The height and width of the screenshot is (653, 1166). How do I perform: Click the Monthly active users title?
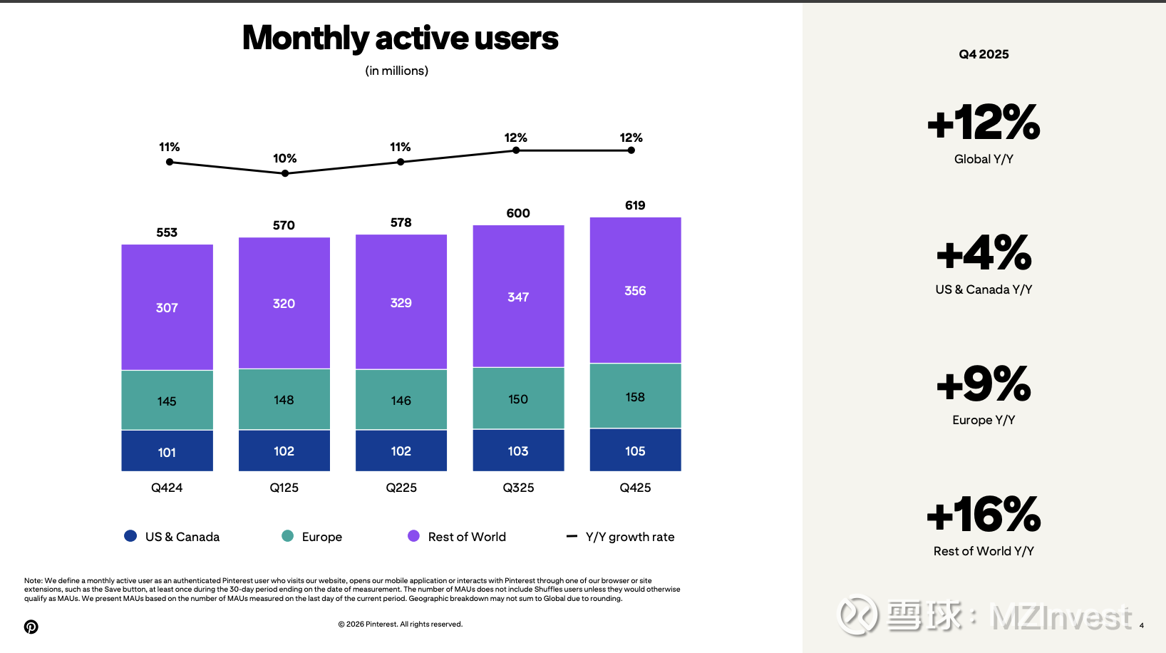click(400, 38)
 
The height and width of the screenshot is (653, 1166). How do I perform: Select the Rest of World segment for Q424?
click(167, 307)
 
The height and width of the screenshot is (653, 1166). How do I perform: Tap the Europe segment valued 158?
click(635, 396)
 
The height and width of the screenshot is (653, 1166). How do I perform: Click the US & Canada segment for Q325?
click(518, 451)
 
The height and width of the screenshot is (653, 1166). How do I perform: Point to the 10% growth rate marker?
click(285, 173)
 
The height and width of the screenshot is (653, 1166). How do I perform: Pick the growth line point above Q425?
click(631, 150)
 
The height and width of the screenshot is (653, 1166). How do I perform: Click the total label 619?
click(635, 205)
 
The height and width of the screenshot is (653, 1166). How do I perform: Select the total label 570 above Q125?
click(284, 225)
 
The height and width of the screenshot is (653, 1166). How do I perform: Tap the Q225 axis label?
click(401, 488)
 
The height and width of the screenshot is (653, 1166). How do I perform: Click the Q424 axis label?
click(167, 488)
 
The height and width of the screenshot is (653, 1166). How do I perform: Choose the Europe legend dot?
click(288, 536)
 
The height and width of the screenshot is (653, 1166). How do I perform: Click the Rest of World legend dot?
click(413, 536)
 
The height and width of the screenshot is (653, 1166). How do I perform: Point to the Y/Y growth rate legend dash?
click(572, 536)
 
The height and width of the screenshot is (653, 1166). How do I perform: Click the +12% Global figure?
click(984, 123)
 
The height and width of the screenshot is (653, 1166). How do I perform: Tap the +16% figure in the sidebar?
click(984, 515)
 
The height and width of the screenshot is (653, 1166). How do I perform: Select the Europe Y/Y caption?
click(984, 420)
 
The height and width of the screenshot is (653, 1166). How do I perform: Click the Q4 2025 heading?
click(984, 54)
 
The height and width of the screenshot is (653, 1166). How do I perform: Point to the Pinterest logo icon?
click(31, 627)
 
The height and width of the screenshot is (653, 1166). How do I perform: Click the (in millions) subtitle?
click(397, 71)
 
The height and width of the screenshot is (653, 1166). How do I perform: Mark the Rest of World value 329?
click(401, 302)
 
